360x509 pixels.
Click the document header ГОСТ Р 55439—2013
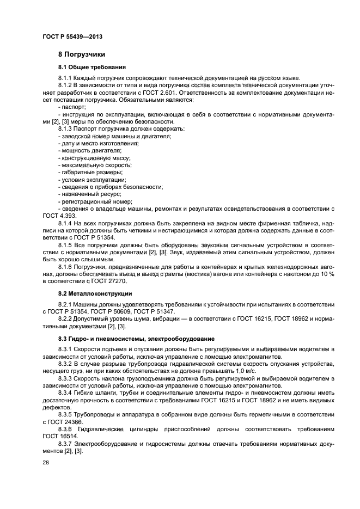(x=72, y=36)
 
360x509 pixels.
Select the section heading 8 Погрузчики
(x=82, y=54)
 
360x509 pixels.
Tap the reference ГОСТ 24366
(x=66, y=421)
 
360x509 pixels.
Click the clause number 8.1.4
(x=65, y=223)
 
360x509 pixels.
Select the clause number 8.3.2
(x=65, y=363)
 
